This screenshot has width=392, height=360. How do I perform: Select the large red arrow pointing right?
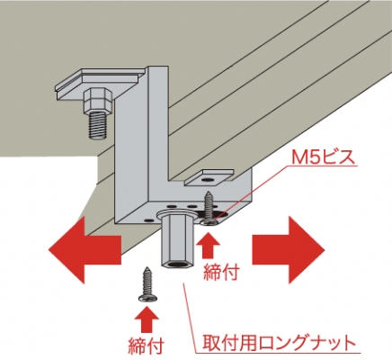[x=288, y=249]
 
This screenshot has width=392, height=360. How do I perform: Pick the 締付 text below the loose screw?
[x=146, y=346]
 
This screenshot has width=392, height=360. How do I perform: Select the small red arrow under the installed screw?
[x=208, y=245]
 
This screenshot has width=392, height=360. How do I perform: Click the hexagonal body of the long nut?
[x=178, y=243]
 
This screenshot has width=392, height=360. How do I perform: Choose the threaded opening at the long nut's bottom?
[x=177, y=265]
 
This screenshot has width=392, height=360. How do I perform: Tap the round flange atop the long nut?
[x=176, y=214]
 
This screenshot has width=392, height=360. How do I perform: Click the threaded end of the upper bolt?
[x=99, y=126]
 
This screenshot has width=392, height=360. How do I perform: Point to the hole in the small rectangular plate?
[x=206, y=179]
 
